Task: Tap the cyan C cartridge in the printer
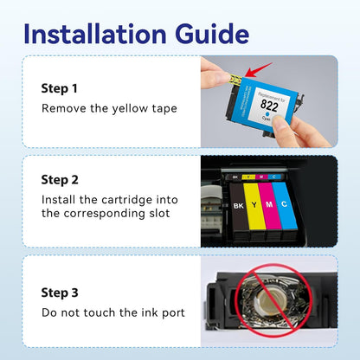pyautogui.click(x=288, y=209)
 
